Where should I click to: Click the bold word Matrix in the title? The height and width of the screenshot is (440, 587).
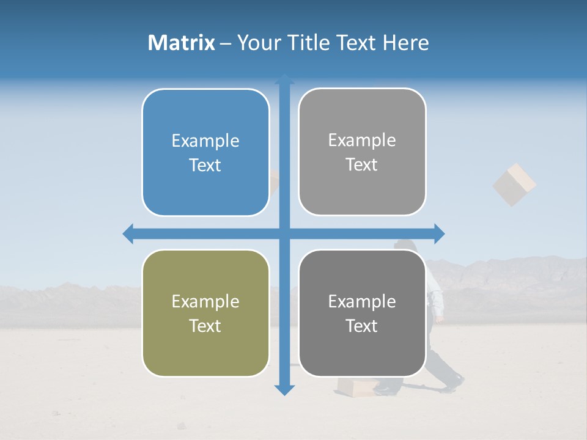tap(182, 43)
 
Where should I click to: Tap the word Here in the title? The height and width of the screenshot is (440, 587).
tap(405, 43)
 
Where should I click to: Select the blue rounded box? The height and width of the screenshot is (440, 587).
tap(205, 152)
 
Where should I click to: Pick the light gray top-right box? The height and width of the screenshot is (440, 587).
tap(362, 152)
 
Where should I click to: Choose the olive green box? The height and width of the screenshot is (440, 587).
tap(205, 313)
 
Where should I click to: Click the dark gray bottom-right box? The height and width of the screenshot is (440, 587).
tap(362, 313)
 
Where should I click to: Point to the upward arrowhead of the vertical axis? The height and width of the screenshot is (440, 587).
tap(284, 79)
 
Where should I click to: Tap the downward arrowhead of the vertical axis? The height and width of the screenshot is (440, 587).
tap(284, 389)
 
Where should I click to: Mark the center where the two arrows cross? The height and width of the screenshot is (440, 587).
tap(284, 233)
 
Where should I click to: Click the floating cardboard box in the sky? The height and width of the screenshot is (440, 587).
tap(514, 184)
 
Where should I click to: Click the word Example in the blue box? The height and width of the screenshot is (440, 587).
tap(205, 141)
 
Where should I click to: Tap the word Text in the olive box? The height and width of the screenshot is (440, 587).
tap(205, 326)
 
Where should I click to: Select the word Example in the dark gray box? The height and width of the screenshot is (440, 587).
tap(362, 301)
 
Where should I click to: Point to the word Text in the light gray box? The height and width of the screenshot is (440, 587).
tap(362, 164)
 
